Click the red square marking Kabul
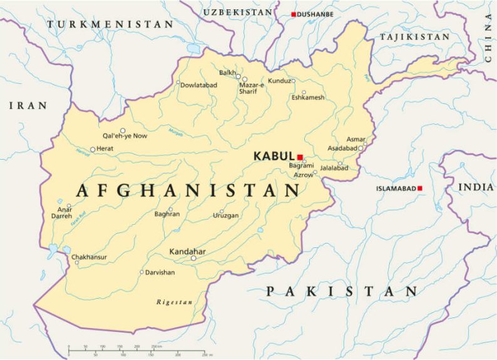pos(300,157)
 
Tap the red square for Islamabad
pos(420,188)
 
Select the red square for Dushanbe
pos(294,14)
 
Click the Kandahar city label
pos(188,252)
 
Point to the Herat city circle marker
pos(93,149)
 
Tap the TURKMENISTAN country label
pos(110,24)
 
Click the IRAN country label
pos(28,106)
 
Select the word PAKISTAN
pos(342,291)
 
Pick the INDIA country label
pos(476,187)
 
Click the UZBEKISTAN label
pos(238,12)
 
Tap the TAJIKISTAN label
pos(414,37)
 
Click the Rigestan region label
pos(175,302)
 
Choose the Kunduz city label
pos(280,81)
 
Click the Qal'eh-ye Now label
pos(125,136)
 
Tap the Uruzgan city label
pos(225,215)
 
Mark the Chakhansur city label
pos(89,257)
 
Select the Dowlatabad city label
pos(199,85)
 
